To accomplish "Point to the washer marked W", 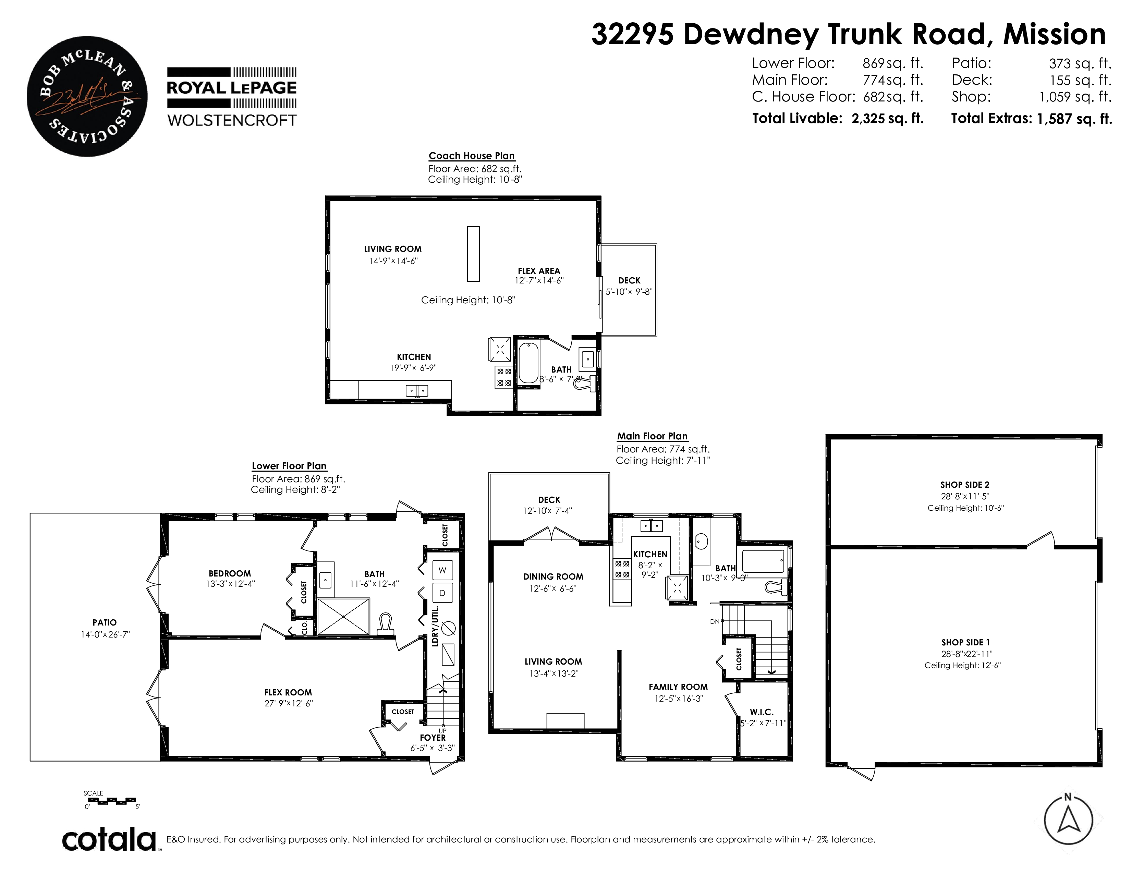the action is [x=442, y=570].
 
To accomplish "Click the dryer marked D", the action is [x=442, y=593].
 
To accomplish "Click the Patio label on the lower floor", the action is [x=105, y=622].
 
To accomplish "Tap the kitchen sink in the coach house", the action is [x=416, y=390].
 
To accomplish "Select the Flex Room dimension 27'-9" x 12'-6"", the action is [x=289, y=703].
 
